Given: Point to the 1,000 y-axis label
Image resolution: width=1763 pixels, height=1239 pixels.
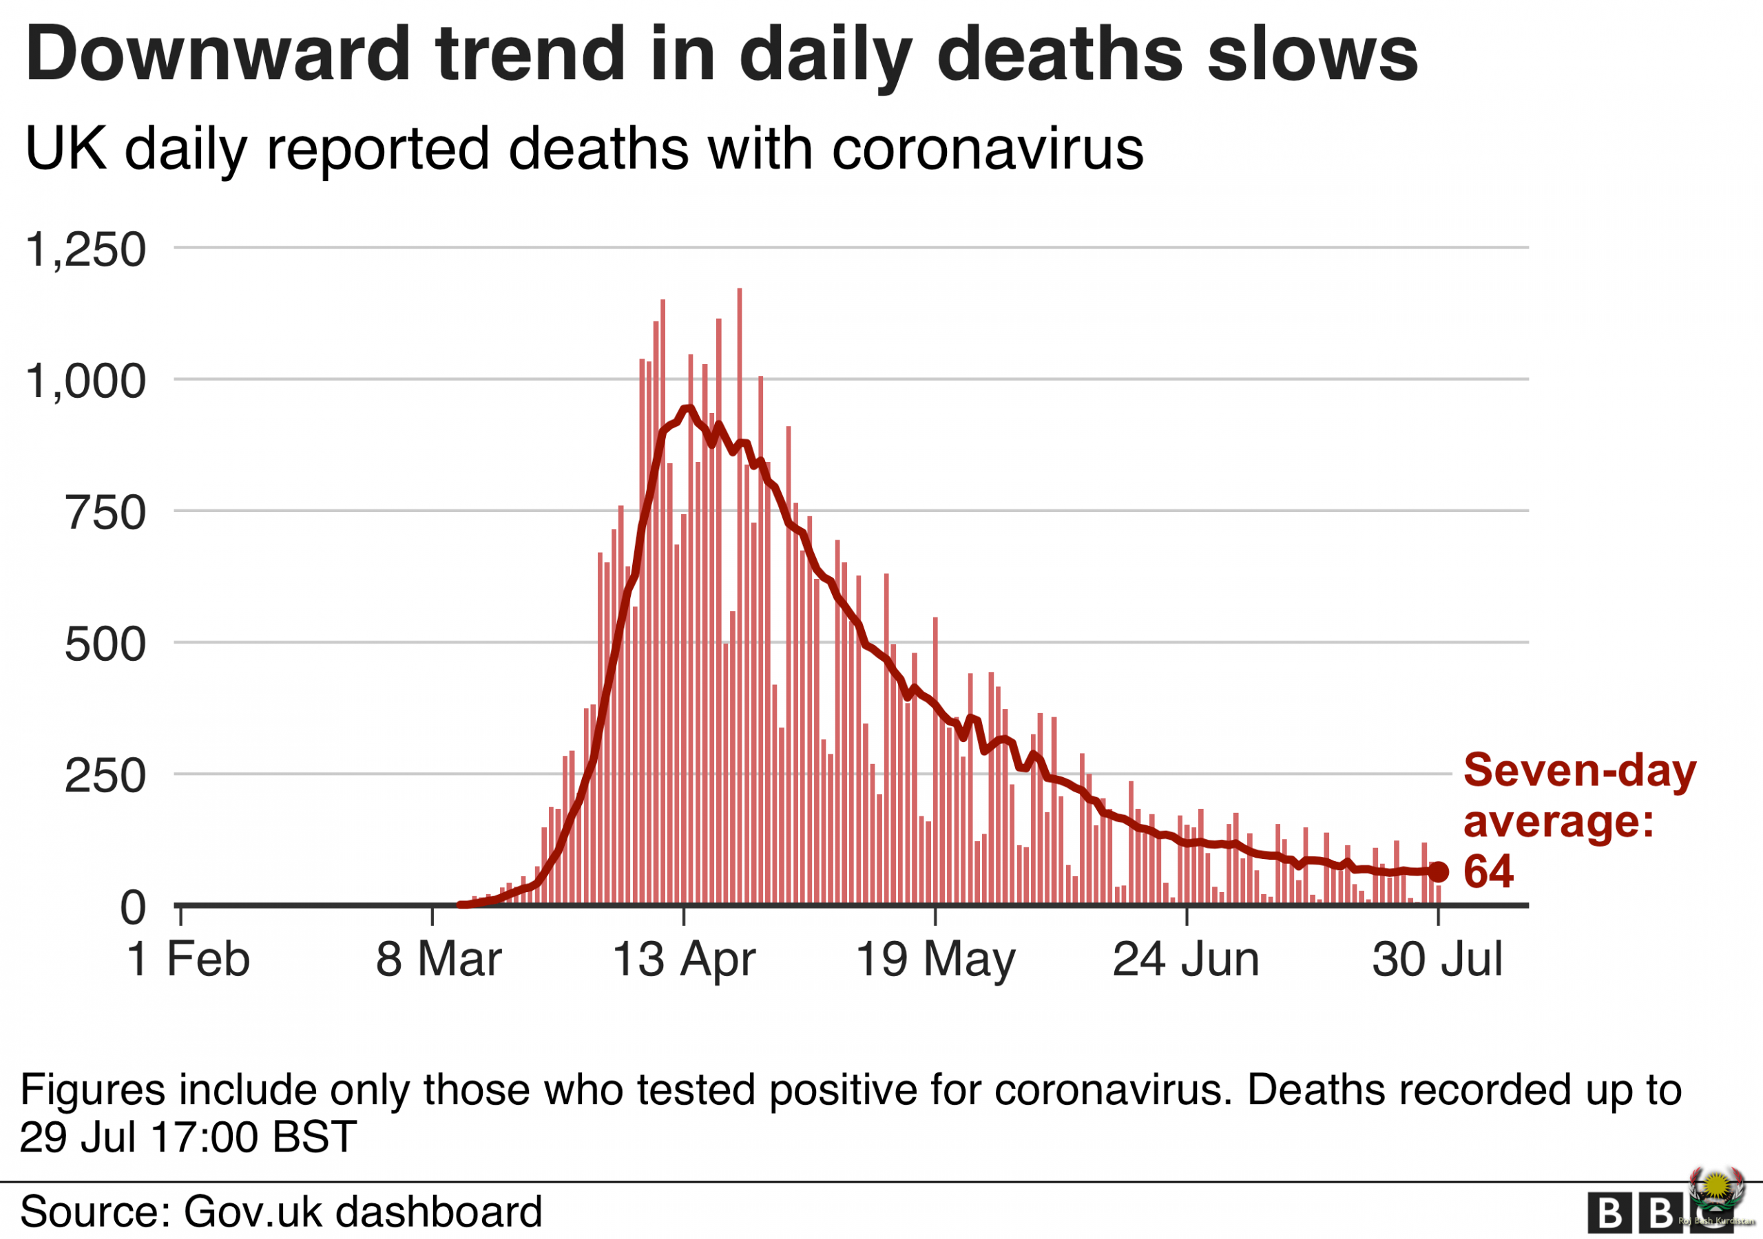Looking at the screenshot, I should tap(85, 381).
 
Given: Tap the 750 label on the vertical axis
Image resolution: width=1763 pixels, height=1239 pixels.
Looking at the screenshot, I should tap(105, 513).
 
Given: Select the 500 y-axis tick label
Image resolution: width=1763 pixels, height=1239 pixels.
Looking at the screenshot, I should tap(105, 644).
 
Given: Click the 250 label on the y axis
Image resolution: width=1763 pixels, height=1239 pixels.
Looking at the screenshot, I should tap(105, 776).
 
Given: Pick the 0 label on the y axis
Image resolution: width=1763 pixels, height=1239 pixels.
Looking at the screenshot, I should tap(132, 908).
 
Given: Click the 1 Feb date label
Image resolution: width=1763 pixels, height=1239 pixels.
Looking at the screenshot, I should tap(188, 960).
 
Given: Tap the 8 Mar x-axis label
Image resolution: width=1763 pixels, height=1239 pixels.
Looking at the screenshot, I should tap(439, 960).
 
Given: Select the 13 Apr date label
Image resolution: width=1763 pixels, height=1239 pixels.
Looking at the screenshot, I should tap(683, 960).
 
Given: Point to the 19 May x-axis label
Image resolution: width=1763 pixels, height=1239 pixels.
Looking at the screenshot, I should tap(935, 960).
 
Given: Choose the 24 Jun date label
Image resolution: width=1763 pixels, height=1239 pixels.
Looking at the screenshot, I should tap(1186, 960).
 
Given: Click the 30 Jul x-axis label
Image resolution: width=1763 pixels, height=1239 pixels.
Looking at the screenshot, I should tap(1437, 960).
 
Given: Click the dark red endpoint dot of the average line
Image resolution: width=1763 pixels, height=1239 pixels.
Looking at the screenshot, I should tap(1438, 872).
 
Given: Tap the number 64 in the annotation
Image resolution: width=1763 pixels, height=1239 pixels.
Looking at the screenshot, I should tap(1488, 872).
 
